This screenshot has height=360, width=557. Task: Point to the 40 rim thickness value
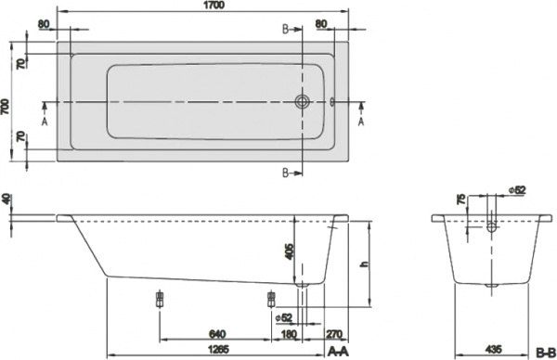click(7, 199)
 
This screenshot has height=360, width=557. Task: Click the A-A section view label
click(339, 351)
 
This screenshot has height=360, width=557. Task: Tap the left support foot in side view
click(161, 299)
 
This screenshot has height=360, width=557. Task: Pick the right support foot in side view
click(272, 299)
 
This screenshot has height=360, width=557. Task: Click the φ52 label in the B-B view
click(518, 190)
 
